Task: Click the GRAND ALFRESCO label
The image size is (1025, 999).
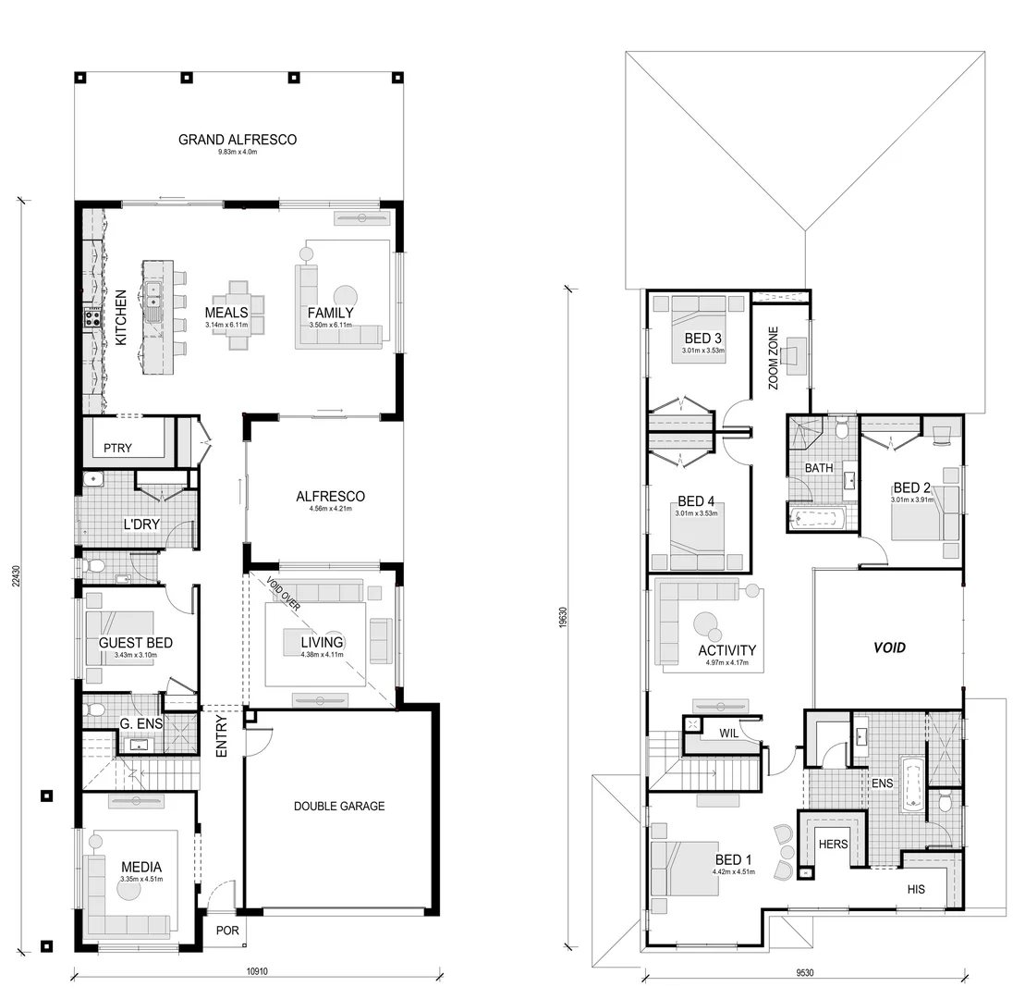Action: pos(238,140)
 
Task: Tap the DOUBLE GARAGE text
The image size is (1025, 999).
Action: pos(339,806)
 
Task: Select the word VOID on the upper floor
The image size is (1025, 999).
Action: pos(889,647)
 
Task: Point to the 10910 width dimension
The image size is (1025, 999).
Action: pos(258,972)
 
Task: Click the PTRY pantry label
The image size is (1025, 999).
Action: pos(117,449)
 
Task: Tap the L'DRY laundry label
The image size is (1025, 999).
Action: pos(141,524)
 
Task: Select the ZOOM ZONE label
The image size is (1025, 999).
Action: pos(773,358)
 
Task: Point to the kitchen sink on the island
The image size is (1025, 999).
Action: pos(152,294)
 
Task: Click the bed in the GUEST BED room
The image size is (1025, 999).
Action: pos(118,638)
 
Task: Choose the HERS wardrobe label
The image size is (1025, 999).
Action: pos(834,844)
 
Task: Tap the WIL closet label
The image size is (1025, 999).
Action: pos(729,734)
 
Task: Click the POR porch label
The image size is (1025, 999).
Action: pos(226,931)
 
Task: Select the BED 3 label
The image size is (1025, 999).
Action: pos(702,339)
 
